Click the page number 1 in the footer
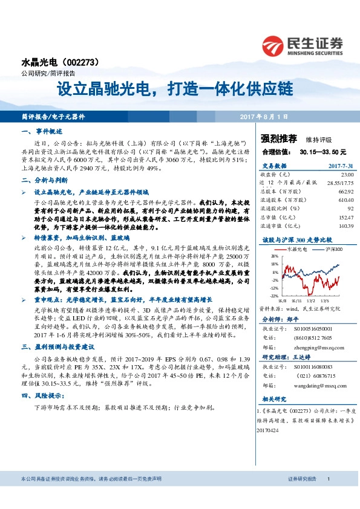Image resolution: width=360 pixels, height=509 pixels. click(x=328, y=495)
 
